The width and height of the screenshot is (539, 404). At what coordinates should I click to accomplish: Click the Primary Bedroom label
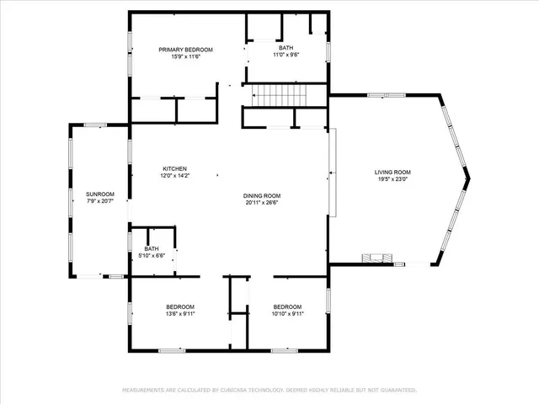(186, 50)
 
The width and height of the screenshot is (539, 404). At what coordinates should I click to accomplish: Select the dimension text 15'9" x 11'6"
(186, 57)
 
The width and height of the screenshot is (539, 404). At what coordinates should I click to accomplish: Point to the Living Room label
(392, 172)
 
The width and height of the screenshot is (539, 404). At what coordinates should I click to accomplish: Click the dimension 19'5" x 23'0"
(392, 179)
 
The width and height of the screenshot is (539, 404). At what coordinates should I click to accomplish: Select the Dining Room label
(262, 195)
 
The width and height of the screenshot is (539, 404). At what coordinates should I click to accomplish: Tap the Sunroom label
(99, 194)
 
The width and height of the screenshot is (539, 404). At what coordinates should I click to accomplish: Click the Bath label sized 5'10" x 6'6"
(152, 248)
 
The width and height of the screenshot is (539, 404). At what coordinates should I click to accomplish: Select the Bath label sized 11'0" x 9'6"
(286, 48)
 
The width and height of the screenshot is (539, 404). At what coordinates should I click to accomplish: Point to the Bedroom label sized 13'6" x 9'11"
(180, 306)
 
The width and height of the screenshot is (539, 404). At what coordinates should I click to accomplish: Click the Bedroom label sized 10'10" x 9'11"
(287, 306)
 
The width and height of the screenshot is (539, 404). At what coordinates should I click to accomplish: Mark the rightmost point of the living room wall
(468, 178)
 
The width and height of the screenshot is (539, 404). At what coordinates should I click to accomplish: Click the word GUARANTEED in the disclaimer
(396, 391)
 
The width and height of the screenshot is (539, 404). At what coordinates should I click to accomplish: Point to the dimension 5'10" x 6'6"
(152, 256)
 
